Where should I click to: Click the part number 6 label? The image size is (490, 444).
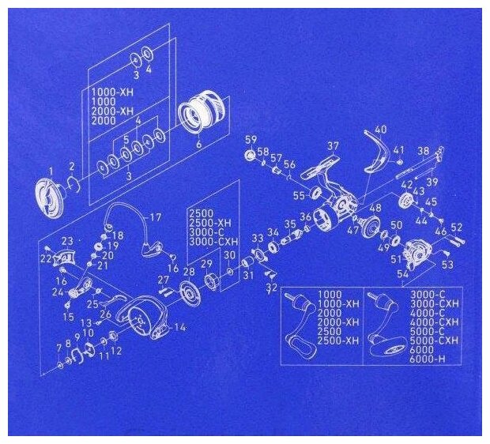pos(198,145)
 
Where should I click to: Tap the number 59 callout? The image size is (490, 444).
pos(251,140)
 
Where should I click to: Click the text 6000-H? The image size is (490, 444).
pos(428,360)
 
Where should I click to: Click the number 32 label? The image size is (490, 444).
pos(271,288)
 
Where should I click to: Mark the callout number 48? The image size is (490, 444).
pos(375,209)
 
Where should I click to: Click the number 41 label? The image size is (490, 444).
pos(398,149)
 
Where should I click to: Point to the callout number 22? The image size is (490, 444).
pos(45,258)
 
